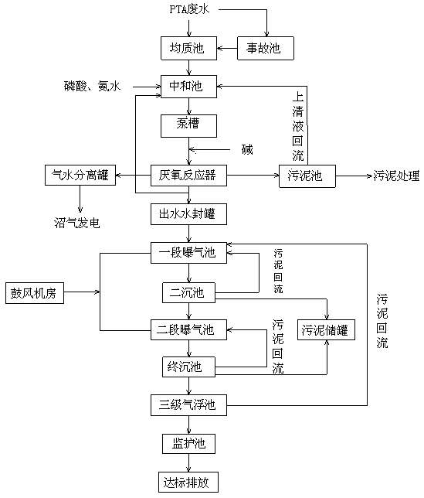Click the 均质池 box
[x=188, y=48]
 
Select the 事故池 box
[x=266, y=48]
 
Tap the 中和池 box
[x=188, y=87]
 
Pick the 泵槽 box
[x=188, y=126]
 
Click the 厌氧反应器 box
[x=188, y=176]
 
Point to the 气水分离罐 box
[x=80, y=175]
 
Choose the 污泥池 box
[x=307, y=176]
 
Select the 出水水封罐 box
[x=188, y=214]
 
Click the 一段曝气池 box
[x=188, y=253]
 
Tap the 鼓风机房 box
[x=35, y=293]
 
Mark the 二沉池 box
[x=188, y=292]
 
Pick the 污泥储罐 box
[x=326, y=330]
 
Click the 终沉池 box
[x=188, y=367]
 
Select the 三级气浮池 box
[x=188, y=405]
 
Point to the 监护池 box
[x=188, y=444]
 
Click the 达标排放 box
[x=188, y=482]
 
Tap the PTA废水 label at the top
[x=189, y=9]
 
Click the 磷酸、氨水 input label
[x=92, y=86]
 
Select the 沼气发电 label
[x=77, y=223]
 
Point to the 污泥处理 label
[x=396, y=176]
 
